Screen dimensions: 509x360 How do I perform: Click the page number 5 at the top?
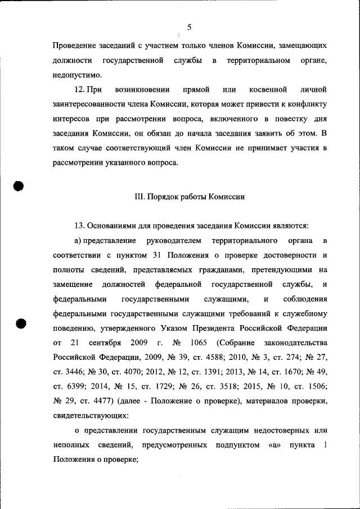click(189, 27)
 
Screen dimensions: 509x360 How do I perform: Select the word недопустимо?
click(78, 74)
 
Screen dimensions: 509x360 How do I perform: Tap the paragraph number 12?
click(79, 89)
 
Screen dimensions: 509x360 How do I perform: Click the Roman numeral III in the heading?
click(139, 197)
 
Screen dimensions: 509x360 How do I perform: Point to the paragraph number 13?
click(79, 226)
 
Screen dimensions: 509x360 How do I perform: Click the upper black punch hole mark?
click(18, 187)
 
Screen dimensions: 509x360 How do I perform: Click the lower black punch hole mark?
click(20, 323)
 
